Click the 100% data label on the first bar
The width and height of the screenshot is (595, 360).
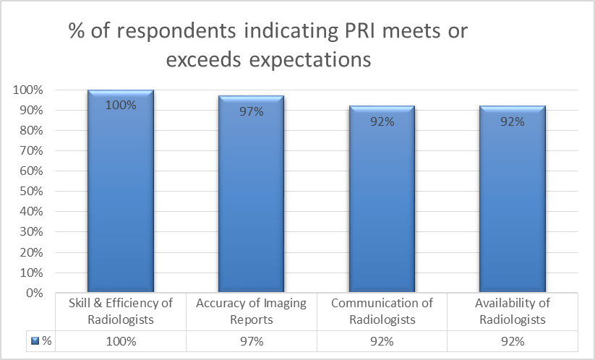[x=120, y=105]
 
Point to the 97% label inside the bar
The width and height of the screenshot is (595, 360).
[x=251, y=111]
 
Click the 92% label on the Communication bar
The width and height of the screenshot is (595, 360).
[x=382, y=121]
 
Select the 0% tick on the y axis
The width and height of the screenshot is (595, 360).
[x=35, y=293]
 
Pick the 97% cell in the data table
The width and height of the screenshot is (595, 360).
[x=251, y=340]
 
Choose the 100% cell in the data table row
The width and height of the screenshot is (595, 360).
[x=120, y=340]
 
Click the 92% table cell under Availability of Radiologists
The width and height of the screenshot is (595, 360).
[x=513, y=340]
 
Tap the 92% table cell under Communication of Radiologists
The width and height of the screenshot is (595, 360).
[x=382, y=340]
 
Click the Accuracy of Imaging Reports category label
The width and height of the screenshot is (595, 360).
[x=251, y=311]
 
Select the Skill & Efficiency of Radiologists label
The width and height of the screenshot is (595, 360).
[x=120, y=311]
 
